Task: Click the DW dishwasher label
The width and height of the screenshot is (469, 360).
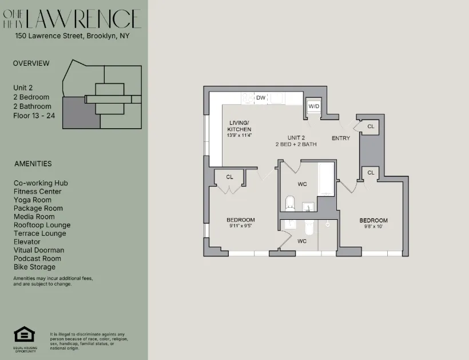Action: (261, 98)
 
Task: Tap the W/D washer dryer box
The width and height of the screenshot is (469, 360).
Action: (314, 106)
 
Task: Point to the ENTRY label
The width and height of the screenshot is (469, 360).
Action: (341, 139)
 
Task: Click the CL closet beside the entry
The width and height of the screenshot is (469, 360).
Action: (371, 126)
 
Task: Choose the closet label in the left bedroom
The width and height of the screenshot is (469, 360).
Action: (229, 177)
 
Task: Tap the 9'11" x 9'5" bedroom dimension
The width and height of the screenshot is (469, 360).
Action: (240, 226)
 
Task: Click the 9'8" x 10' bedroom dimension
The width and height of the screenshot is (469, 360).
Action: (373, 227)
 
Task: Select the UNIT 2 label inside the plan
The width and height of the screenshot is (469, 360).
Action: (296, 137)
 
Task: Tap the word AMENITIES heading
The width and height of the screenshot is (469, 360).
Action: (33, 164)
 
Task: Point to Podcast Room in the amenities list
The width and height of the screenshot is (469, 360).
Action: (37, 259)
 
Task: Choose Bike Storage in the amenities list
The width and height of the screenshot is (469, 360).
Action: (35, 267)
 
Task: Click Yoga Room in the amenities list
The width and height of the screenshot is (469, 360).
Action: (33, 200)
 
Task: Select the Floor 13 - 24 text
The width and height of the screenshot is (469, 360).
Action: (36, 115)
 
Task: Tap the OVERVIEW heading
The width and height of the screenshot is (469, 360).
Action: (31, 64)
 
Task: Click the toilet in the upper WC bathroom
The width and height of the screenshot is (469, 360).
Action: (290, 203)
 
